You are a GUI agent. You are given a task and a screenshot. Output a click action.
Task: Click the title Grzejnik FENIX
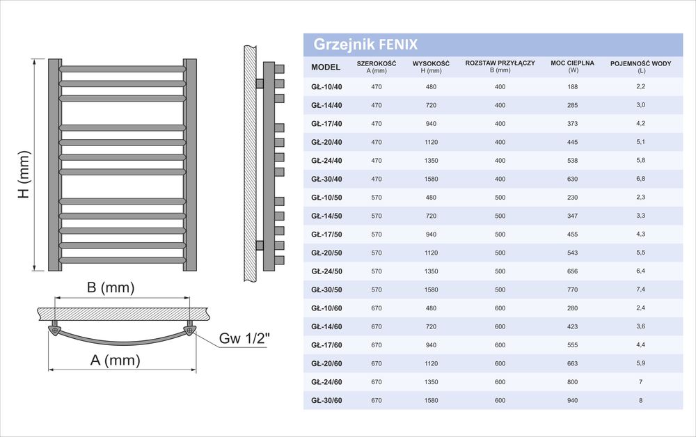tap(365, 45)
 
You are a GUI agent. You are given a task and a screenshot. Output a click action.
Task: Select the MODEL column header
tap(326, 67)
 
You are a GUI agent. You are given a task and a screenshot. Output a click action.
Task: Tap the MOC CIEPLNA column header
tap(573, 66)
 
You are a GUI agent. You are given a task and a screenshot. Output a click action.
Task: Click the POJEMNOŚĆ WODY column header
tap(640, 67)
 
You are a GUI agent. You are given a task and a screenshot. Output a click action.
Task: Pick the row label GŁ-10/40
tap(326, 87)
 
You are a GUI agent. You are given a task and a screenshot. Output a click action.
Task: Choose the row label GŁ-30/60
tap(326, 401)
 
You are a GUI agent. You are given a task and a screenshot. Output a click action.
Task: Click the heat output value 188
tap(573, 87)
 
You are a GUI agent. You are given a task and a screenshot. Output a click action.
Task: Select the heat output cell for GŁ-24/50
tap(573, 271)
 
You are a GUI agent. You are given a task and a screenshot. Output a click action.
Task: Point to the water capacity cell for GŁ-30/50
tap(640, 289)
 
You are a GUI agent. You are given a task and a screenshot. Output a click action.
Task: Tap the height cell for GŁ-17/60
tap(431, 345)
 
